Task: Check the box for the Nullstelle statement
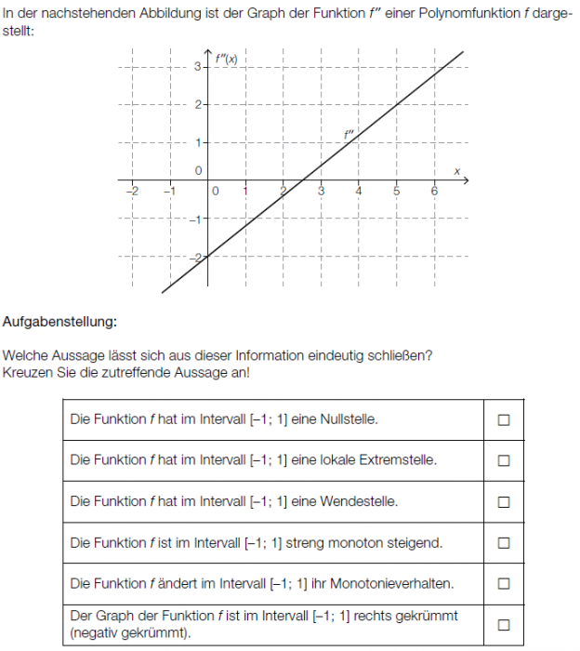pos(504,419)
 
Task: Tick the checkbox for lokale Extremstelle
pos(504,460)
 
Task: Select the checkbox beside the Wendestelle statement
pos(504,502)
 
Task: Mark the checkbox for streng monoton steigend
pos(504,543)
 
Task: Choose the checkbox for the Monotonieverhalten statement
pos(504,584)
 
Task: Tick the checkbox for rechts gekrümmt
pos(504,625)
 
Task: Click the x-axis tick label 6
pos(434,191)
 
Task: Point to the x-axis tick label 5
pos(396,191)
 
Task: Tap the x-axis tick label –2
pos(131,191)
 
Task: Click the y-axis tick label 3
pos(197,67)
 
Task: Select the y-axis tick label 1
pos(197,142)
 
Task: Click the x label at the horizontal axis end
pos(457,171)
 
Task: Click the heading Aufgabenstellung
pos(60,322)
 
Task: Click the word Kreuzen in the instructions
pos(25,373)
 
